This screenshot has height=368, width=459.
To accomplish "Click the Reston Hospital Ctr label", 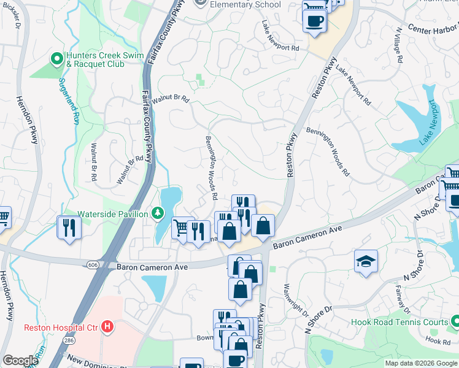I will pyautogui.click(x=61, y=328).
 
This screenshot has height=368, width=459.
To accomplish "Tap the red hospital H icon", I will pyautogui.click(x=107, y=327).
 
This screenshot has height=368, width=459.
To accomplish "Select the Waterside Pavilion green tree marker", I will pyautogui.click(x=158, y=213).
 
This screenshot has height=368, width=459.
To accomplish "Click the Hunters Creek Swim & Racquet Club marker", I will pyautogui.click(x=57, y=59).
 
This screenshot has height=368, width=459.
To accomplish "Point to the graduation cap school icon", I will pyautogui.click(x=366, y=261).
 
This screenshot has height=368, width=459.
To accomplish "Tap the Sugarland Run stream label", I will pyautogui.click(x=68, y=101).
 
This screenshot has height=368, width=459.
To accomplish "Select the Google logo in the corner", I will pyautogui.click(x=20, y=361).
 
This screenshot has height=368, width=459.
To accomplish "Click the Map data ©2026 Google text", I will pyautogui.click(x=420, y=363).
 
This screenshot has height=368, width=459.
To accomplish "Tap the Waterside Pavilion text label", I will pyautogui.click(x=112, y=214).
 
